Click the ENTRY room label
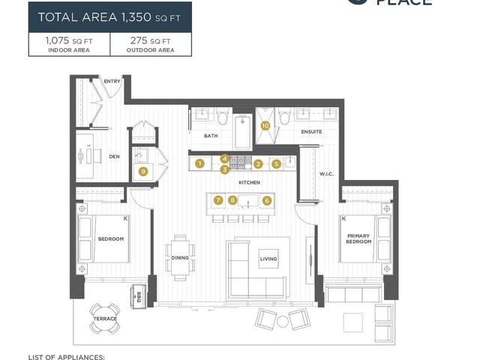coord(112,81)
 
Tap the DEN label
coord(114,157)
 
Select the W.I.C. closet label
coord(325,175)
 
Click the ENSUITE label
coord(311,132)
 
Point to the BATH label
coord(211,136)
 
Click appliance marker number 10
coord(265,126)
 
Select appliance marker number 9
coord(142,171)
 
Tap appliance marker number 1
coord(199,163)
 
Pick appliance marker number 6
coord(267,200)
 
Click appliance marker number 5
coord(277,163)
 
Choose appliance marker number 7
coord(218,200)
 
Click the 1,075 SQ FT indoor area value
coord(69,42)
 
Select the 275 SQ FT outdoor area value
coord(150,42)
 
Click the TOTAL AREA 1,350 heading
coord(109,16)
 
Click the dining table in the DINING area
coord(180,256)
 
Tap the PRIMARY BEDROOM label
coord(358,238)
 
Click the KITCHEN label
coord(249,182)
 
